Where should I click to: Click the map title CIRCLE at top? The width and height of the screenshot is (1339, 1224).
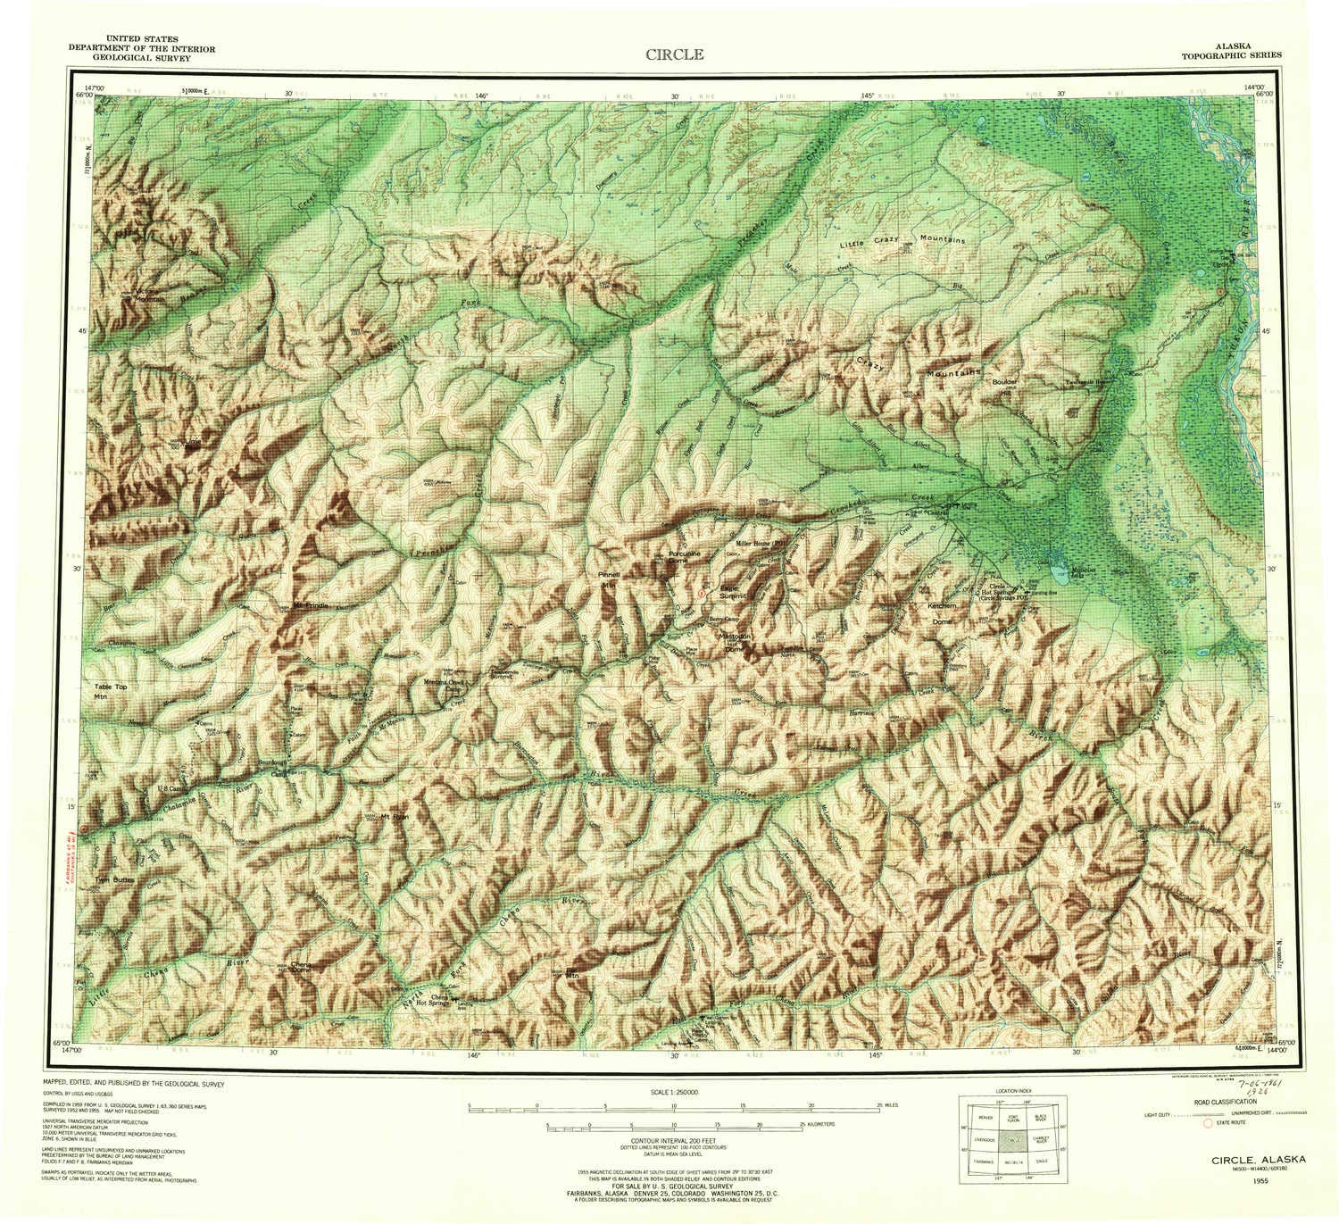675,54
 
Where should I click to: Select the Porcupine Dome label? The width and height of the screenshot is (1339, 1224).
688,557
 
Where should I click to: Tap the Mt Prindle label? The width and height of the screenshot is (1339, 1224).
311,606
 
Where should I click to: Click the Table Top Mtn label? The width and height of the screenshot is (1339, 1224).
112,691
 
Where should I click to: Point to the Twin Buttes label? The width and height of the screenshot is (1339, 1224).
115,879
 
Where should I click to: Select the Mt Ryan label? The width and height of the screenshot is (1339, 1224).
394,816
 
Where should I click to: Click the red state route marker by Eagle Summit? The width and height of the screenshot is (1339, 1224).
702,592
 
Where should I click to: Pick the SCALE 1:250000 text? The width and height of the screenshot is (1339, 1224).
675,1092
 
